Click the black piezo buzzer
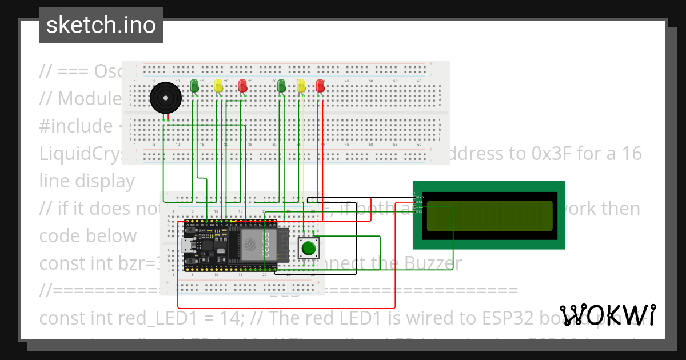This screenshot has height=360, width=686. click(166, 98)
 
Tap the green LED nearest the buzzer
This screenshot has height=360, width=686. click(194, 86)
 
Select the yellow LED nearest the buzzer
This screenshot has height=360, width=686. click(218, 86)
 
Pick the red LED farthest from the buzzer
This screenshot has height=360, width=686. click(320, 86)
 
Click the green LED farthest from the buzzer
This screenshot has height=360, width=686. click(281, 86)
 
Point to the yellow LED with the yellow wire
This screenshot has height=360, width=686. click(301, 86)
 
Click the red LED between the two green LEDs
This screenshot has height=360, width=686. click(242, 86)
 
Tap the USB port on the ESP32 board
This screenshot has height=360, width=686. click(187, 246)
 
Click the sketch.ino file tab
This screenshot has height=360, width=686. click(101, 25)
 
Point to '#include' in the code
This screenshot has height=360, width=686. click(76, 126)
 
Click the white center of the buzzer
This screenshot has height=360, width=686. click(165, 98)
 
